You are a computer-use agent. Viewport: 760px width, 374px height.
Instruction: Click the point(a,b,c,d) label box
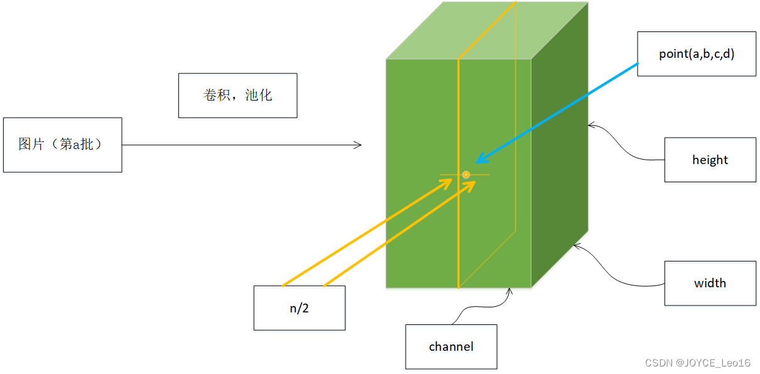pyautogui.click(x=697, y=54)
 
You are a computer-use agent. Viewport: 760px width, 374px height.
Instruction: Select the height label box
pyautogui.click(x=710, y=160)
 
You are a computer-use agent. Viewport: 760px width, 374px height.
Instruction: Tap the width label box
pyautogui.click(x=710, y=283)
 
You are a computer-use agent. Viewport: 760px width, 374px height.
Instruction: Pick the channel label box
pyautogui.click(x=451, y=346)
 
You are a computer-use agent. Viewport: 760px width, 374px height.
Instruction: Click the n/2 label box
pyautogui.click(x=299, y=308)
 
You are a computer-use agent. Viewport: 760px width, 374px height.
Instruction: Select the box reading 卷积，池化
pyautogui.click(x=237, y=96)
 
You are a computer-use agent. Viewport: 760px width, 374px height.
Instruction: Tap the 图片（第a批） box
pyautogui.click(x=62, y=145)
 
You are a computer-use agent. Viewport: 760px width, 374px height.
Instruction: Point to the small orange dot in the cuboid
pyautogui.click(x=466, y=174)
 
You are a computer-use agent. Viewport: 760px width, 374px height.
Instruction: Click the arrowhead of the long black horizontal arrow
pyautogui.click(x=359, y=145)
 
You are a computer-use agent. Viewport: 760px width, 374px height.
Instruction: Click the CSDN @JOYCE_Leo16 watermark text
pyautogui.click(x=697, y=363)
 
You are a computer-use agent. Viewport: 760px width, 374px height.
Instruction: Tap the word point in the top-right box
pyautogui.click(x=673, y=54)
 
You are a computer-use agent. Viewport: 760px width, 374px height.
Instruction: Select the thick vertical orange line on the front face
pyautogui.click(x=459, y=239)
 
